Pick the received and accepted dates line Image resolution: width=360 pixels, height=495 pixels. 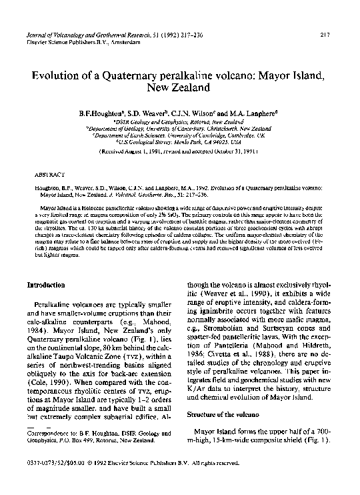tap(179, 151)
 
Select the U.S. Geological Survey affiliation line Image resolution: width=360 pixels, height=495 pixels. tap(180, 142)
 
